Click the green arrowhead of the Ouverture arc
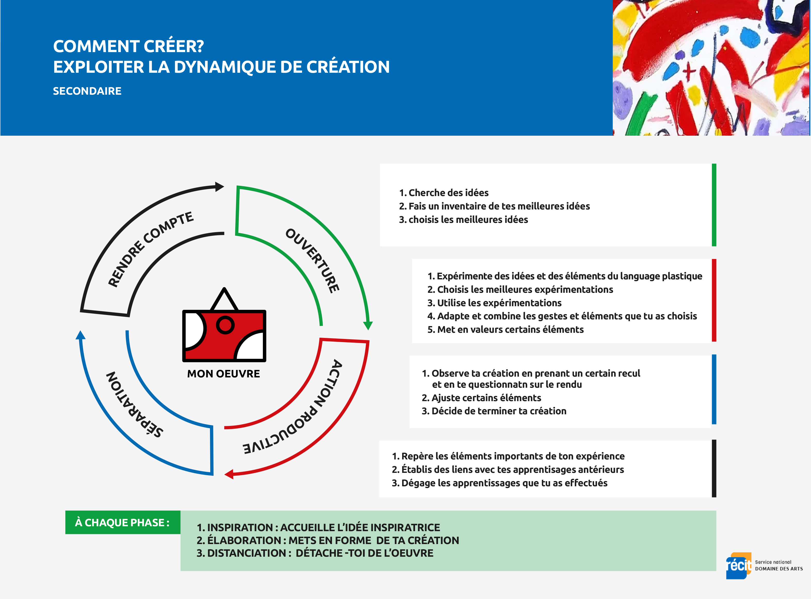[368, 325]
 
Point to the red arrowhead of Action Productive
[229, 474]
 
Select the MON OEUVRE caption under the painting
[223, 374]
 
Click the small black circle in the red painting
[225, 325]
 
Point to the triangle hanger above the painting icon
[224, 299]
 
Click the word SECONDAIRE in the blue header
[87, 91]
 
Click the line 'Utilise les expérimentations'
[494, 303]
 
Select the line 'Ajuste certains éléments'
[481, 398]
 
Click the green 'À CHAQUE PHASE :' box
[123, 522]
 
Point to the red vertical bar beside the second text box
[714, 300]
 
